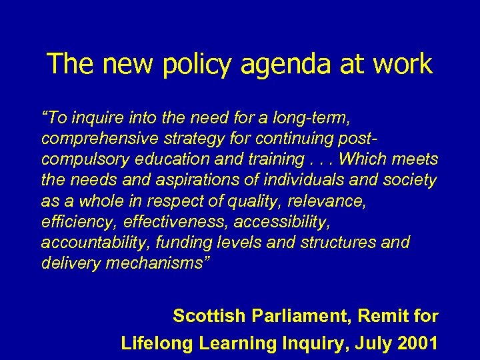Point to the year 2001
click(x=416, y=343)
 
